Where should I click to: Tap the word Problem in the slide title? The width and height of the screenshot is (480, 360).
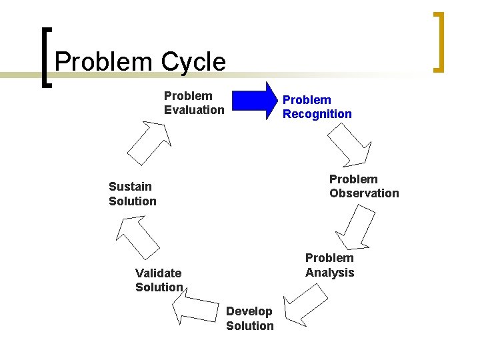[x=103, y=62]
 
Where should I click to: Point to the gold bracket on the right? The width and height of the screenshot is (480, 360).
[x=438, y=41]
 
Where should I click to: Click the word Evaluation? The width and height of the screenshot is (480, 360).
[x=194, y=110]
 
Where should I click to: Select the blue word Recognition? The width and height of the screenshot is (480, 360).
[x=317, y=114]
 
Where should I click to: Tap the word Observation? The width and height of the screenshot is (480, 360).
[x=364, y=193]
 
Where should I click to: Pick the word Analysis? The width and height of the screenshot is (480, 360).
[x=329, y=273]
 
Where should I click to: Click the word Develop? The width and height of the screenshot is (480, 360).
[x=249, y=311]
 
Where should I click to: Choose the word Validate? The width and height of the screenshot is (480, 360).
[x=158, y=273]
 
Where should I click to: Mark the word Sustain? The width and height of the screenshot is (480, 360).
[x=130, y=187]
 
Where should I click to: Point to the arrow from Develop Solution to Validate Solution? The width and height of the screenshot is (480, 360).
[x=196, y=307]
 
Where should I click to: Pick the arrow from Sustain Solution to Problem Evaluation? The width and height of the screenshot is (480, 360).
[x=151, y=141]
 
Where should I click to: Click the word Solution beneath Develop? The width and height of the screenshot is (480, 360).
[x=249, y=326]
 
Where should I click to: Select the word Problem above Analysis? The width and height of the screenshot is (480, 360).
[x=329, y=258]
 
